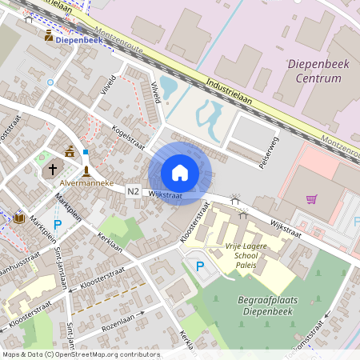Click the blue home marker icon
point(180,172)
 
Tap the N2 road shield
point(133,192)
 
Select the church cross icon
point(53,169)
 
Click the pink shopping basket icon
point(311,198)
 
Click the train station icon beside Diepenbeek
point(49,36)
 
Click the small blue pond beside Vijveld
point(170,86)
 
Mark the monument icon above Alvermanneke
point(86,170)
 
